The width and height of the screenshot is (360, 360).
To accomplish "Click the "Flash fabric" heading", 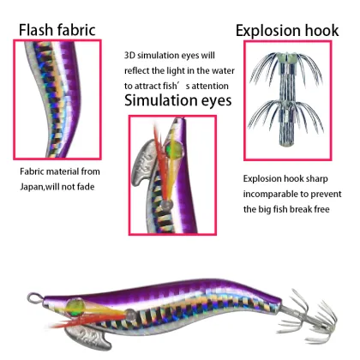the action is pos(57,30).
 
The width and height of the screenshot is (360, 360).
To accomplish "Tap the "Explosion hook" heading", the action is pos(287,31).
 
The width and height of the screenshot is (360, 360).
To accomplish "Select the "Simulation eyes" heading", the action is pos(178,100).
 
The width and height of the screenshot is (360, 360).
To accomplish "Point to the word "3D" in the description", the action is pos(129,55).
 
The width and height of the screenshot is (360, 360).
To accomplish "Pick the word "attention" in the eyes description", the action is pos(210,86).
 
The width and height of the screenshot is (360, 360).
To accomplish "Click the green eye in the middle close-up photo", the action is pos(174,149).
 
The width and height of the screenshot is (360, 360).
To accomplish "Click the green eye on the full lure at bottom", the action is pos(75,307).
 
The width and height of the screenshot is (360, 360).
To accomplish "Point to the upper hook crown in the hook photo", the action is pos(286,67).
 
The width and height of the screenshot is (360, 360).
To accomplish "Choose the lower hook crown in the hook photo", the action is pos(285,114).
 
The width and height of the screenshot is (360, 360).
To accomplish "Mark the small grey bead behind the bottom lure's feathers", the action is pos(131,315).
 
